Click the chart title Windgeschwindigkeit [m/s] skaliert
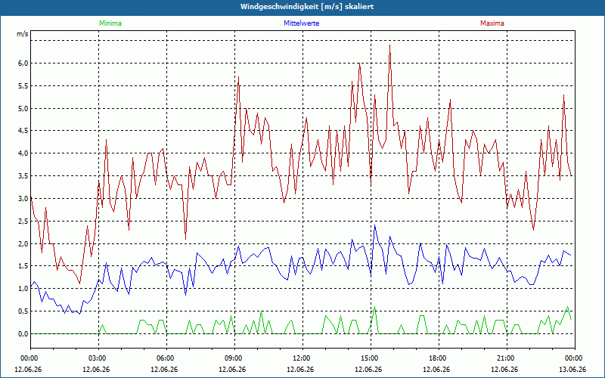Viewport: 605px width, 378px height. pyautogui.click(x=307, y=7)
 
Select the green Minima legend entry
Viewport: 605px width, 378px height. pyautogui.click(x=110, y=23)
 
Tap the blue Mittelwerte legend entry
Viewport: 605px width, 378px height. pyautogui.click(x=301, y=23)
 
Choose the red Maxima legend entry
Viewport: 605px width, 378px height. pyautogui.click(x=492, y=23)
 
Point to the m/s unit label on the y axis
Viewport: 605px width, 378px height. pyautogui.click(x=23, y=34)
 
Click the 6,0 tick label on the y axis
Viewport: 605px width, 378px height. pyautogui.click(x=23, y=64)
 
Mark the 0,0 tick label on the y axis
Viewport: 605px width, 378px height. pyautogui.click(x=23, y=334)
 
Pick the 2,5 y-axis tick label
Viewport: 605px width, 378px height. pyautogui.click(x=23, y=222)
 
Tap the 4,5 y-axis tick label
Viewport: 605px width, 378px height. pyautogui.click(x=23, y=131)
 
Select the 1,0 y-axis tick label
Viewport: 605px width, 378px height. pyautogui.click(x=23, y=289)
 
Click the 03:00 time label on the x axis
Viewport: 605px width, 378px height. pyautogui.click(x=99, y=358)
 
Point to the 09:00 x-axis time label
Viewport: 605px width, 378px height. pyautogui.click(x=234, y=358)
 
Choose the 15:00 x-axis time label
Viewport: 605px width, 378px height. pyautogui.click(x=371, y=358)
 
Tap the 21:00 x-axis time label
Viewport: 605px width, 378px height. pyautogui.click(x=507, y=358)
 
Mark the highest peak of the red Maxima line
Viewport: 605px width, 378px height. pyautogui.click(x=390, y=45)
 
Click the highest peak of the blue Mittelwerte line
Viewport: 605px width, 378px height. pyautogui.click(x=374, y=225)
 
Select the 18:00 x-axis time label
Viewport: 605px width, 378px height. pyautogui.click(x=439, y=358)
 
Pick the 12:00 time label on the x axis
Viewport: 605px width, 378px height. pyautogui.click(x=303, y=358)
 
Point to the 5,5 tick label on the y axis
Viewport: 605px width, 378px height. pyautogui.click(x=23, y=85)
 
